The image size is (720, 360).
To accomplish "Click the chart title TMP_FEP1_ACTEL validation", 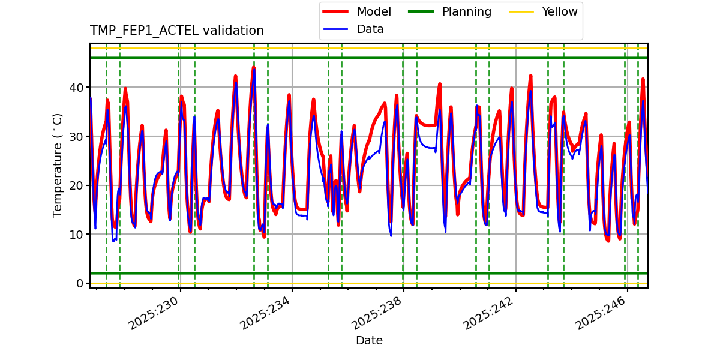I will click(x=176, y=31).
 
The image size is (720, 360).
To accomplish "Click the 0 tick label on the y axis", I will click(x=79, y=283).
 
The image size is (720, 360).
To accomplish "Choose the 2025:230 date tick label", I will click(x=154, y=314).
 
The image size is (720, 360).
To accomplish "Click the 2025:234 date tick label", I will click(x=266, y=314).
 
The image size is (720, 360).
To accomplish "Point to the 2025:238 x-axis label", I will click(x=377, y=314).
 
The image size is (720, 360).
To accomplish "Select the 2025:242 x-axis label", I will click(x=489, y=314).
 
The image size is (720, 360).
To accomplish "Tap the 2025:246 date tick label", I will click(x=601, y=314).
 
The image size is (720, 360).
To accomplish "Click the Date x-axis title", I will click(x=369, y=341).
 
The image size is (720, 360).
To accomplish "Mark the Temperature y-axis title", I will click(x=58, y=165).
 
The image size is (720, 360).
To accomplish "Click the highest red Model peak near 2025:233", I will click(x=253, y=67).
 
